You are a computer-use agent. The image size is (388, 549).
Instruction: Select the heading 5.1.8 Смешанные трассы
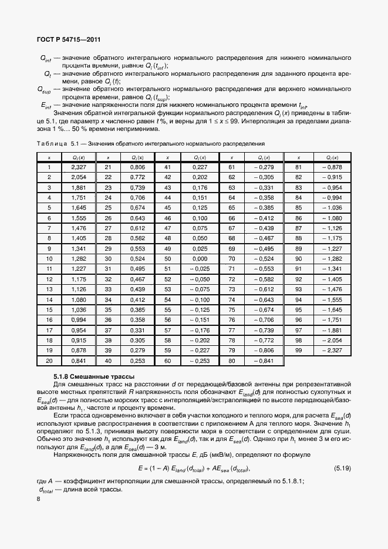pos(94,376)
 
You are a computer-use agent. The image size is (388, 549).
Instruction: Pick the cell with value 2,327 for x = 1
pos(78,167)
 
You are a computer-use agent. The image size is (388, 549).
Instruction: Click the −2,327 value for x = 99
pos(331,350)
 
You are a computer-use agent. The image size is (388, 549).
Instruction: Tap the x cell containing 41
pos(167,167)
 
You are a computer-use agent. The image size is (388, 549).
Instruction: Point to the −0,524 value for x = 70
pos(266,258)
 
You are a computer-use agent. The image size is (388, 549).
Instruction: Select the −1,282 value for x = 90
pos(331,258)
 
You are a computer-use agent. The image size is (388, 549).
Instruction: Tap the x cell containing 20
pos(49,361)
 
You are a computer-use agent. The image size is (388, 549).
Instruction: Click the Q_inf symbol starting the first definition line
pos(46,58)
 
